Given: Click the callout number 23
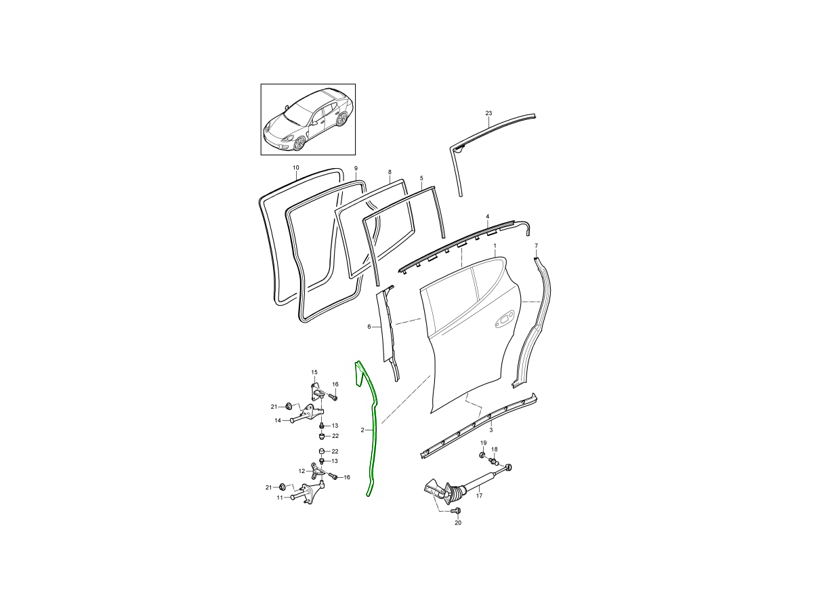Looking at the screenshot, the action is [x=488, y=113].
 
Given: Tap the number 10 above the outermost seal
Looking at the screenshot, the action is [x=295, y=168].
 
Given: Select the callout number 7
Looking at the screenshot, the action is [x=537, y=245].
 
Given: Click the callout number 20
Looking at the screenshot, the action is [x=458, y=523].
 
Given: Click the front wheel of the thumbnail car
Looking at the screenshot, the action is [x=299, y=143].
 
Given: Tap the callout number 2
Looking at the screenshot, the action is [x=362, y=430].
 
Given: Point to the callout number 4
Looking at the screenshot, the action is [x=488, y=216].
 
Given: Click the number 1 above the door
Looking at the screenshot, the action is [x=495, y=245].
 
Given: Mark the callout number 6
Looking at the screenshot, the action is [x=369, y=327].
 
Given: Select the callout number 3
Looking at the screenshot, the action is [x=491, y=430].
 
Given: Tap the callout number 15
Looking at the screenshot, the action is [x=314, y=372].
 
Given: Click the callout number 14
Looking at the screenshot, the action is [x=278, y=420].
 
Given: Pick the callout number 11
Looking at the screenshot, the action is [x=280, y=497].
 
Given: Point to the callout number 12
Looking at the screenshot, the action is [x=302, y=471].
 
